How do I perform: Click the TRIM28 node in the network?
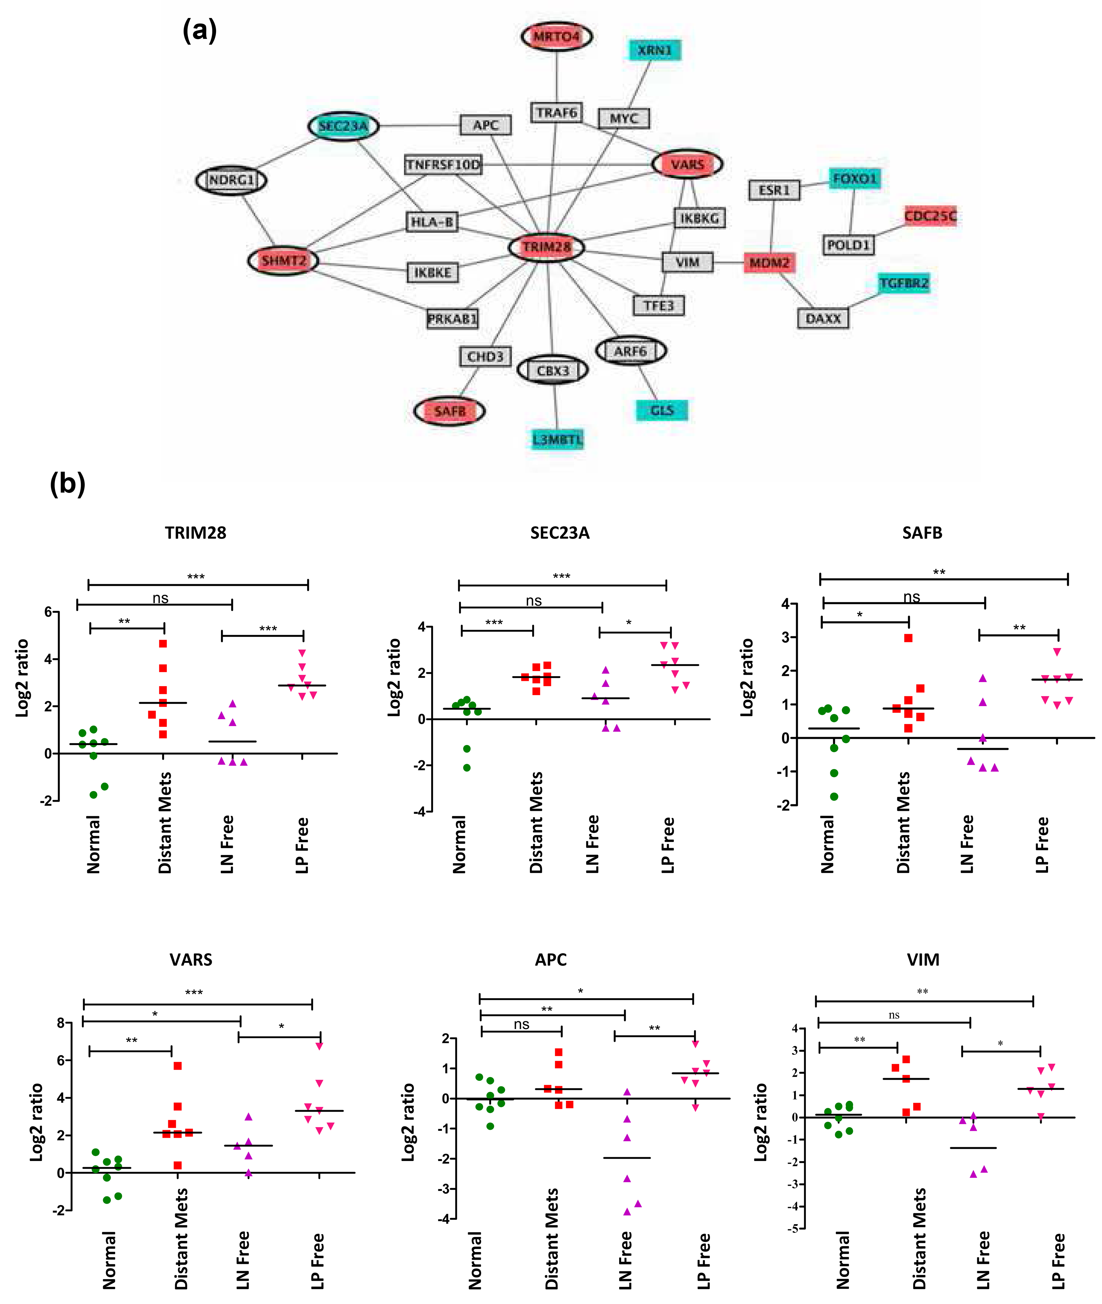547,247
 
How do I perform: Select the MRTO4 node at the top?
557,36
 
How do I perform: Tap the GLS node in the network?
661,410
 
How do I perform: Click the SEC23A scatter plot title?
560,533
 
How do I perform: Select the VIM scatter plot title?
923,960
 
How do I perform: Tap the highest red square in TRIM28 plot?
163,643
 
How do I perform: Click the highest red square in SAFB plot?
908,638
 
